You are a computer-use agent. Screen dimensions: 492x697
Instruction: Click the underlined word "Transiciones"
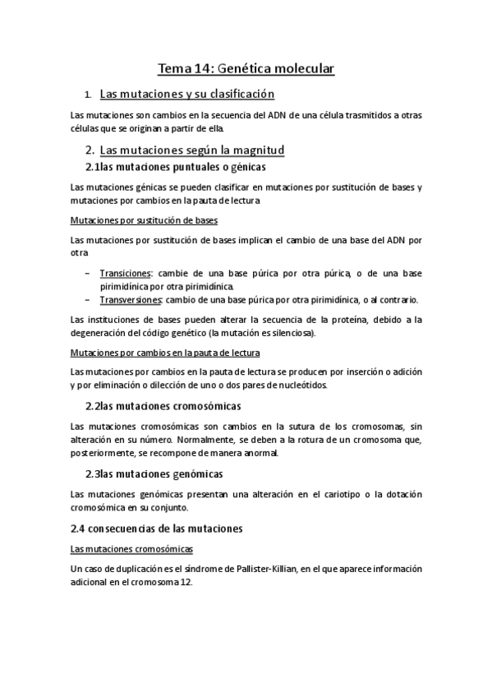(x=125, y=273)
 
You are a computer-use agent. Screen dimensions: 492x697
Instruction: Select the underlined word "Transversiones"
(x=130, y=298)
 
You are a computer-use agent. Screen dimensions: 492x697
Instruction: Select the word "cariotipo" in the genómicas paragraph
(x=329, y=494)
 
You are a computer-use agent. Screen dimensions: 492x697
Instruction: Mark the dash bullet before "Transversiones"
(x=88, y=298)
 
